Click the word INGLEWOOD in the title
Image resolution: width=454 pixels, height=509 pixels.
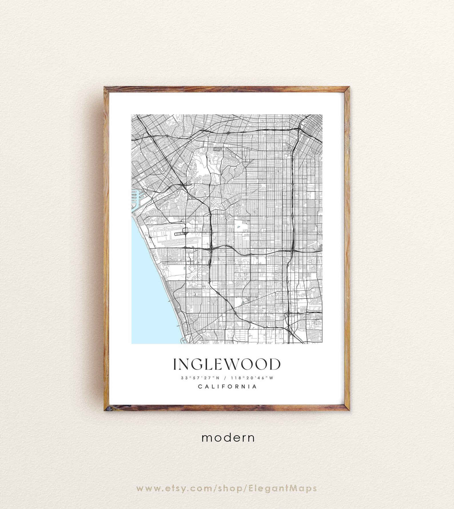(227, 364)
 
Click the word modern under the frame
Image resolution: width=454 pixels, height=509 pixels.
(228, 437)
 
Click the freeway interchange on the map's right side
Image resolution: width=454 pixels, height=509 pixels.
(292, 251)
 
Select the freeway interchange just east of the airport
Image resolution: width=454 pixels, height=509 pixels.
(211, 249)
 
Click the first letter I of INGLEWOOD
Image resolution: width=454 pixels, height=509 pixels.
(175, 364)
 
